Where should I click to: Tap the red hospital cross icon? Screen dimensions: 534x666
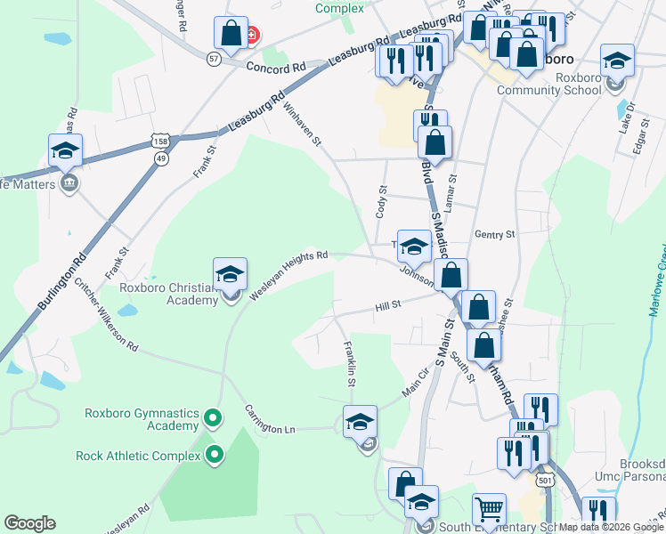tap(251, 36)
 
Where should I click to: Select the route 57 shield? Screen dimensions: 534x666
tap(213, 58)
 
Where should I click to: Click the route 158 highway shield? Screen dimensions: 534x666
tap(159, 142)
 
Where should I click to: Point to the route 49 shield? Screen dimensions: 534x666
tap(160, 158)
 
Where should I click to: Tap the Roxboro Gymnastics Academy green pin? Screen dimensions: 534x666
tap(213, 417)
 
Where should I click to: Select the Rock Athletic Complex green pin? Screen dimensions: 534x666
tap(214, 455)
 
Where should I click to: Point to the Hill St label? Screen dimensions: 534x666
tap(388, 306)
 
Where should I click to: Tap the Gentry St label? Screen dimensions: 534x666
tap(495, 234)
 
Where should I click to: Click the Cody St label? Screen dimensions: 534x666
tap(382, 202)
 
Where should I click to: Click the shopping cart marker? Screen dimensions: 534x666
tap(489, 511)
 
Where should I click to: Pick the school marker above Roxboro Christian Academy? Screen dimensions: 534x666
tap(231, 274)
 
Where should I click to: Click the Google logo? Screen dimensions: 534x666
tap(29, 523)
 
